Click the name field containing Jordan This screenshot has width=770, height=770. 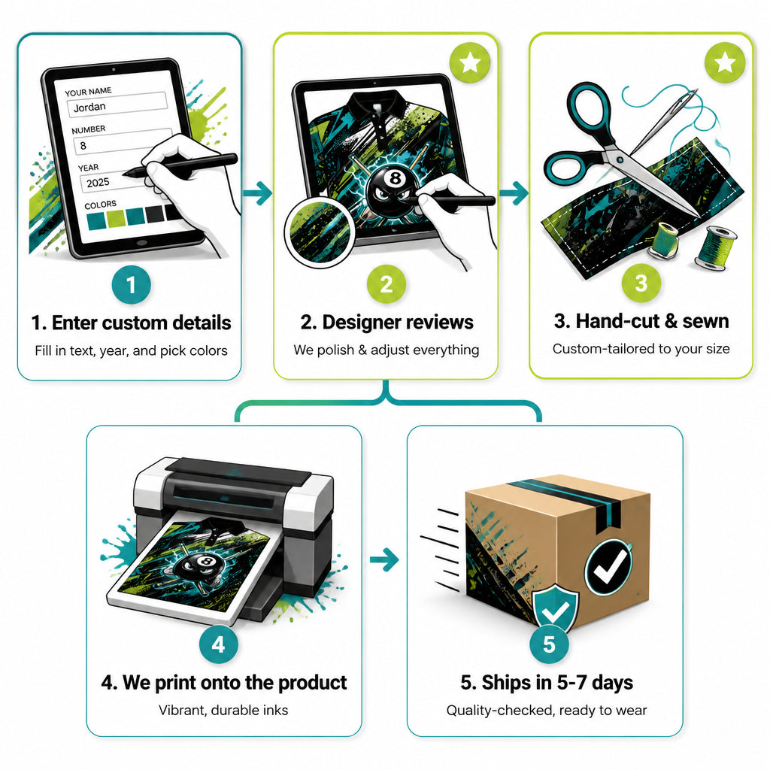(x=117, y=105)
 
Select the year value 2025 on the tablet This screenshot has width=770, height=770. (x=99, y=183)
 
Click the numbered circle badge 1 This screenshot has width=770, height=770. (x=131, y=284)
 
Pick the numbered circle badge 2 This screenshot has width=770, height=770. (x=387, y=283)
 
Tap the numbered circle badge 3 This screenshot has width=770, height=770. (x=641, y=283)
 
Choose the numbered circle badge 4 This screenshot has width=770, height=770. (x=219, y=644)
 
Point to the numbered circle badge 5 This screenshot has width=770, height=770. (x=549, y=644)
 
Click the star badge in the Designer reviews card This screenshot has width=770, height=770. (x=470, y=62)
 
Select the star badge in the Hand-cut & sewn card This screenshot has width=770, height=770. (x=725, y=62)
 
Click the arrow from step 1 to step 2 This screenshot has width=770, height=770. (x=257, y=193)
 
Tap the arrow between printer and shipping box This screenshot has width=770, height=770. (x=384, y=559)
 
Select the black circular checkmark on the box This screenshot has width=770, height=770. (x=608, y=567)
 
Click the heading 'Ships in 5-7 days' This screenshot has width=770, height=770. (x=547, y=683)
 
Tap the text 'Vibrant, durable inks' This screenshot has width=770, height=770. (x=223, y=710)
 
